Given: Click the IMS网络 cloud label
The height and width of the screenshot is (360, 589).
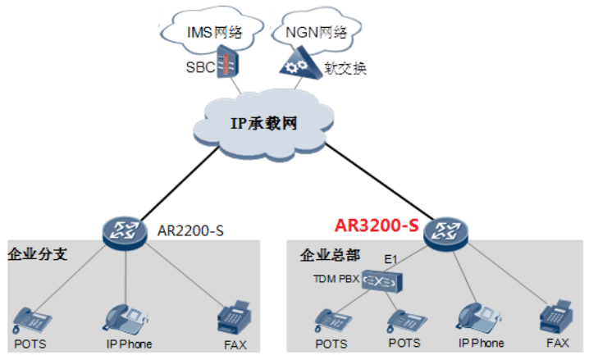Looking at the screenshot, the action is [214, 32].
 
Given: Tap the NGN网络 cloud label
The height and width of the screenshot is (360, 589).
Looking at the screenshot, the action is [317, 32].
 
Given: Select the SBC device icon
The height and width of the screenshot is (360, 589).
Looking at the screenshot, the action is [227, 62].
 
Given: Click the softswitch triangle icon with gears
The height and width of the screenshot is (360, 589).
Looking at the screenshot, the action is [301, 63].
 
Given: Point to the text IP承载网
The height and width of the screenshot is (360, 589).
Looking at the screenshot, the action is [263, 123].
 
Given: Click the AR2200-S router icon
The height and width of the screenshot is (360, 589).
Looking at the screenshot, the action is [125, 232].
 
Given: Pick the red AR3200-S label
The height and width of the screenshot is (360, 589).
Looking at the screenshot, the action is [377, 226].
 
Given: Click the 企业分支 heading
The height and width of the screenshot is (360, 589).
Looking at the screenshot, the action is [38, 254].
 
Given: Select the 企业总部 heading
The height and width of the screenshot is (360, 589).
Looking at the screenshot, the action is [330, 255].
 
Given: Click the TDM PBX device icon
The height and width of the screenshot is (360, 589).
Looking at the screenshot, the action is [382, 280].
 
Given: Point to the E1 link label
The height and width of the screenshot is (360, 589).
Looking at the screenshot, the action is [390, 259].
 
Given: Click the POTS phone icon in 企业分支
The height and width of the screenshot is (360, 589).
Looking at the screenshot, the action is [31, 320].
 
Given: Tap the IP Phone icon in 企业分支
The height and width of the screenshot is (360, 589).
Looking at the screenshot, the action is [125, 319].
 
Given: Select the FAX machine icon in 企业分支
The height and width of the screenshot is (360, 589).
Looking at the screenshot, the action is [234, 317].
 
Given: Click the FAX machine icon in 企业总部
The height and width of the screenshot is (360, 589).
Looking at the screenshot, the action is [556, 317].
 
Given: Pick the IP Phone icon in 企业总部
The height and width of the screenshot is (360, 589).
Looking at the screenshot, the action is [479, 318].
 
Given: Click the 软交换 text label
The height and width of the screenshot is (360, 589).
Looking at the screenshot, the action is [345, 68].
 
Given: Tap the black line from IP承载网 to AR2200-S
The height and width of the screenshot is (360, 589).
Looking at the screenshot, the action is [180, 184].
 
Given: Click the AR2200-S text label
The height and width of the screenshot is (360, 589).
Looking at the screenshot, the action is [190, 230].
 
